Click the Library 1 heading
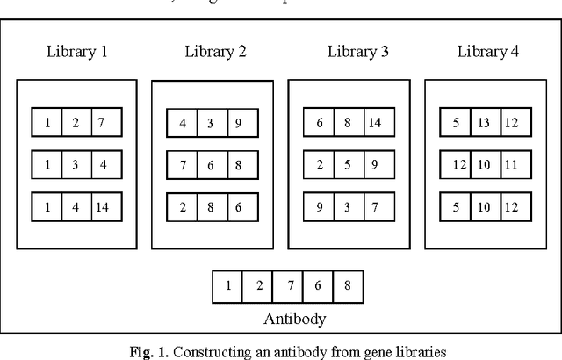tap(77, 51)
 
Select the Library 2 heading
tap(216, 51)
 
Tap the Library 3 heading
tap(358, 51)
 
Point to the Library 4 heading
tap(488, 51)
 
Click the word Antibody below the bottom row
tap(288, 318)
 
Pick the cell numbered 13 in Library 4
tap(483, 123)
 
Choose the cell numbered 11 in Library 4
tap(511, 164)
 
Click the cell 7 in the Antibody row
tap(288, 284)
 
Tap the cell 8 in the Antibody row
tap(349, 284)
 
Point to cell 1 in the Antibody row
tap(228, 284)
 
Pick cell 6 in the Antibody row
tap(319, 284)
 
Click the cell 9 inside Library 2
tap(241, 123)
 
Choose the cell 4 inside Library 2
tap(183, 123)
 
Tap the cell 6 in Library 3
tap(320, 123)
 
